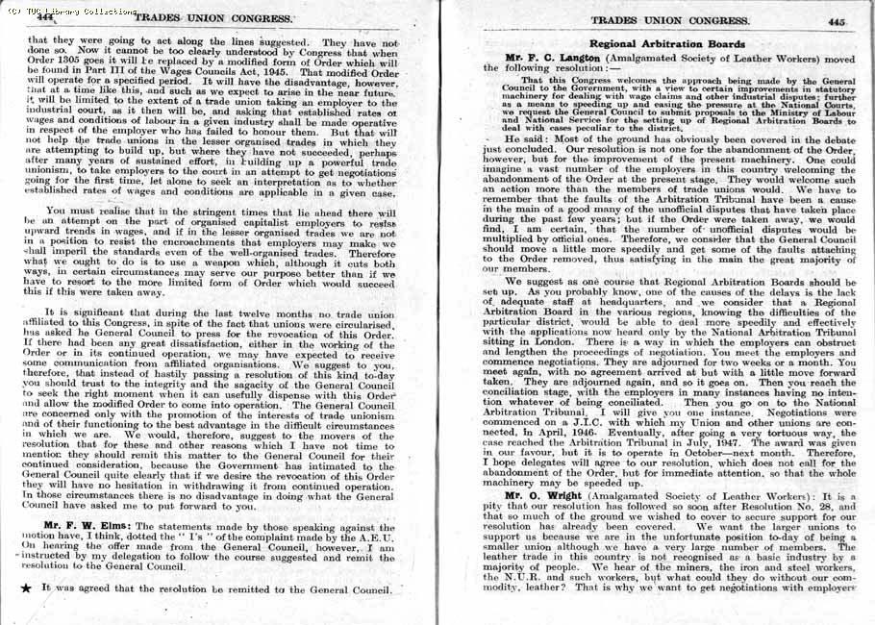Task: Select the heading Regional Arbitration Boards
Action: coord(666,44)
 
